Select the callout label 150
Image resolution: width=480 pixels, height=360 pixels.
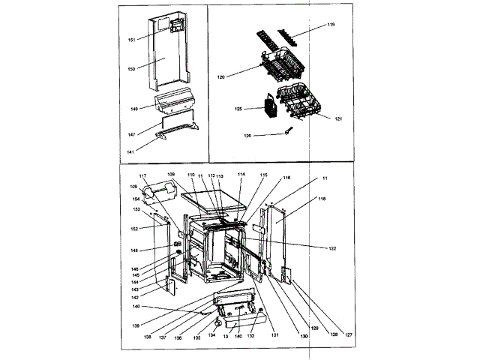point(131,69)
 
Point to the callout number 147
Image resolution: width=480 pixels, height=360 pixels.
point(131,135)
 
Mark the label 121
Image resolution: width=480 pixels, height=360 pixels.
point(338,118)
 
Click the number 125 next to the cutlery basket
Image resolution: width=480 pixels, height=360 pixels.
point(238,109)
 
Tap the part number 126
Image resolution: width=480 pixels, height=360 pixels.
point(247,136)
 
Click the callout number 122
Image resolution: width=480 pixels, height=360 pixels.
point(332,247)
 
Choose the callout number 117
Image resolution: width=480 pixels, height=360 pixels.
point(143,176)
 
